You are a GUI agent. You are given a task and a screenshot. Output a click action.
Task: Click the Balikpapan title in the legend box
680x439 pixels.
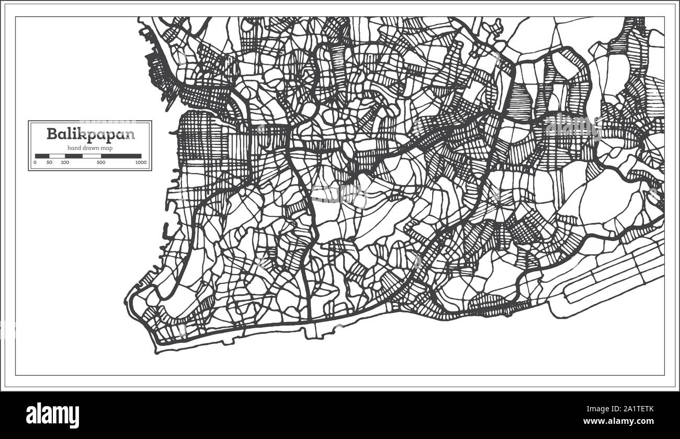click(90, 134)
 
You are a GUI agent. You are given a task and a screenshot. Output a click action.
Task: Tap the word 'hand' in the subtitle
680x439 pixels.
click(73, 148)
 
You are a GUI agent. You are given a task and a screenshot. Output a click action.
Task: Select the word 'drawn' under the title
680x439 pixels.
click(92, 148)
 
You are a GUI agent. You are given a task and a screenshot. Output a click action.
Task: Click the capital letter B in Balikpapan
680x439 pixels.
click(51, 134)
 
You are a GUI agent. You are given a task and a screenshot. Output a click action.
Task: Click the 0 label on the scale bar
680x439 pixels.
click(35, 163)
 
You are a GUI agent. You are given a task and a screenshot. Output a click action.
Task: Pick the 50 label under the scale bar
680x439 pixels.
click(49, 163)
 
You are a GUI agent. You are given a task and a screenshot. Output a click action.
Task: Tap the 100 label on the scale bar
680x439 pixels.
click(64, 163)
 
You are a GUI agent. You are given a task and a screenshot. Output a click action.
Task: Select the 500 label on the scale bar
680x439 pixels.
click(101, 163)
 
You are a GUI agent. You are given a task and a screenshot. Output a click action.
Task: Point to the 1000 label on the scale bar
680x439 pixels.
click(140, 163)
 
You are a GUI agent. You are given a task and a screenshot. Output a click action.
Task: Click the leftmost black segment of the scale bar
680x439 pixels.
click(42, 156)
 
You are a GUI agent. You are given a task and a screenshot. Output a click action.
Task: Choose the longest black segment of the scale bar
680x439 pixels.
click(121, 156)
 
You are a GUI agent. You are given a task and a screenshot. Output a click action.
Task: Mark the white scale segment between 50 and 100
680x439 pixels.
click(57, 156)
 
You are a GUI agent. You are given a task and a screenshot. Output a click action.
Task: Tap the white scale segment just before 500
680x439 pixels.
click(92, 156)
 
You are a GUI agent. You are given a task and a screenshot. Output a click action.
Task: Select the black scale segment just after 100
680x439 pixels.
click(74, 156)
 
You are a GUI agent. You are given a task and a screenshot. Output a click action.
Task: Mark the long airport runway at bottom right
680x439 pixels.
click(612, 282)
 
